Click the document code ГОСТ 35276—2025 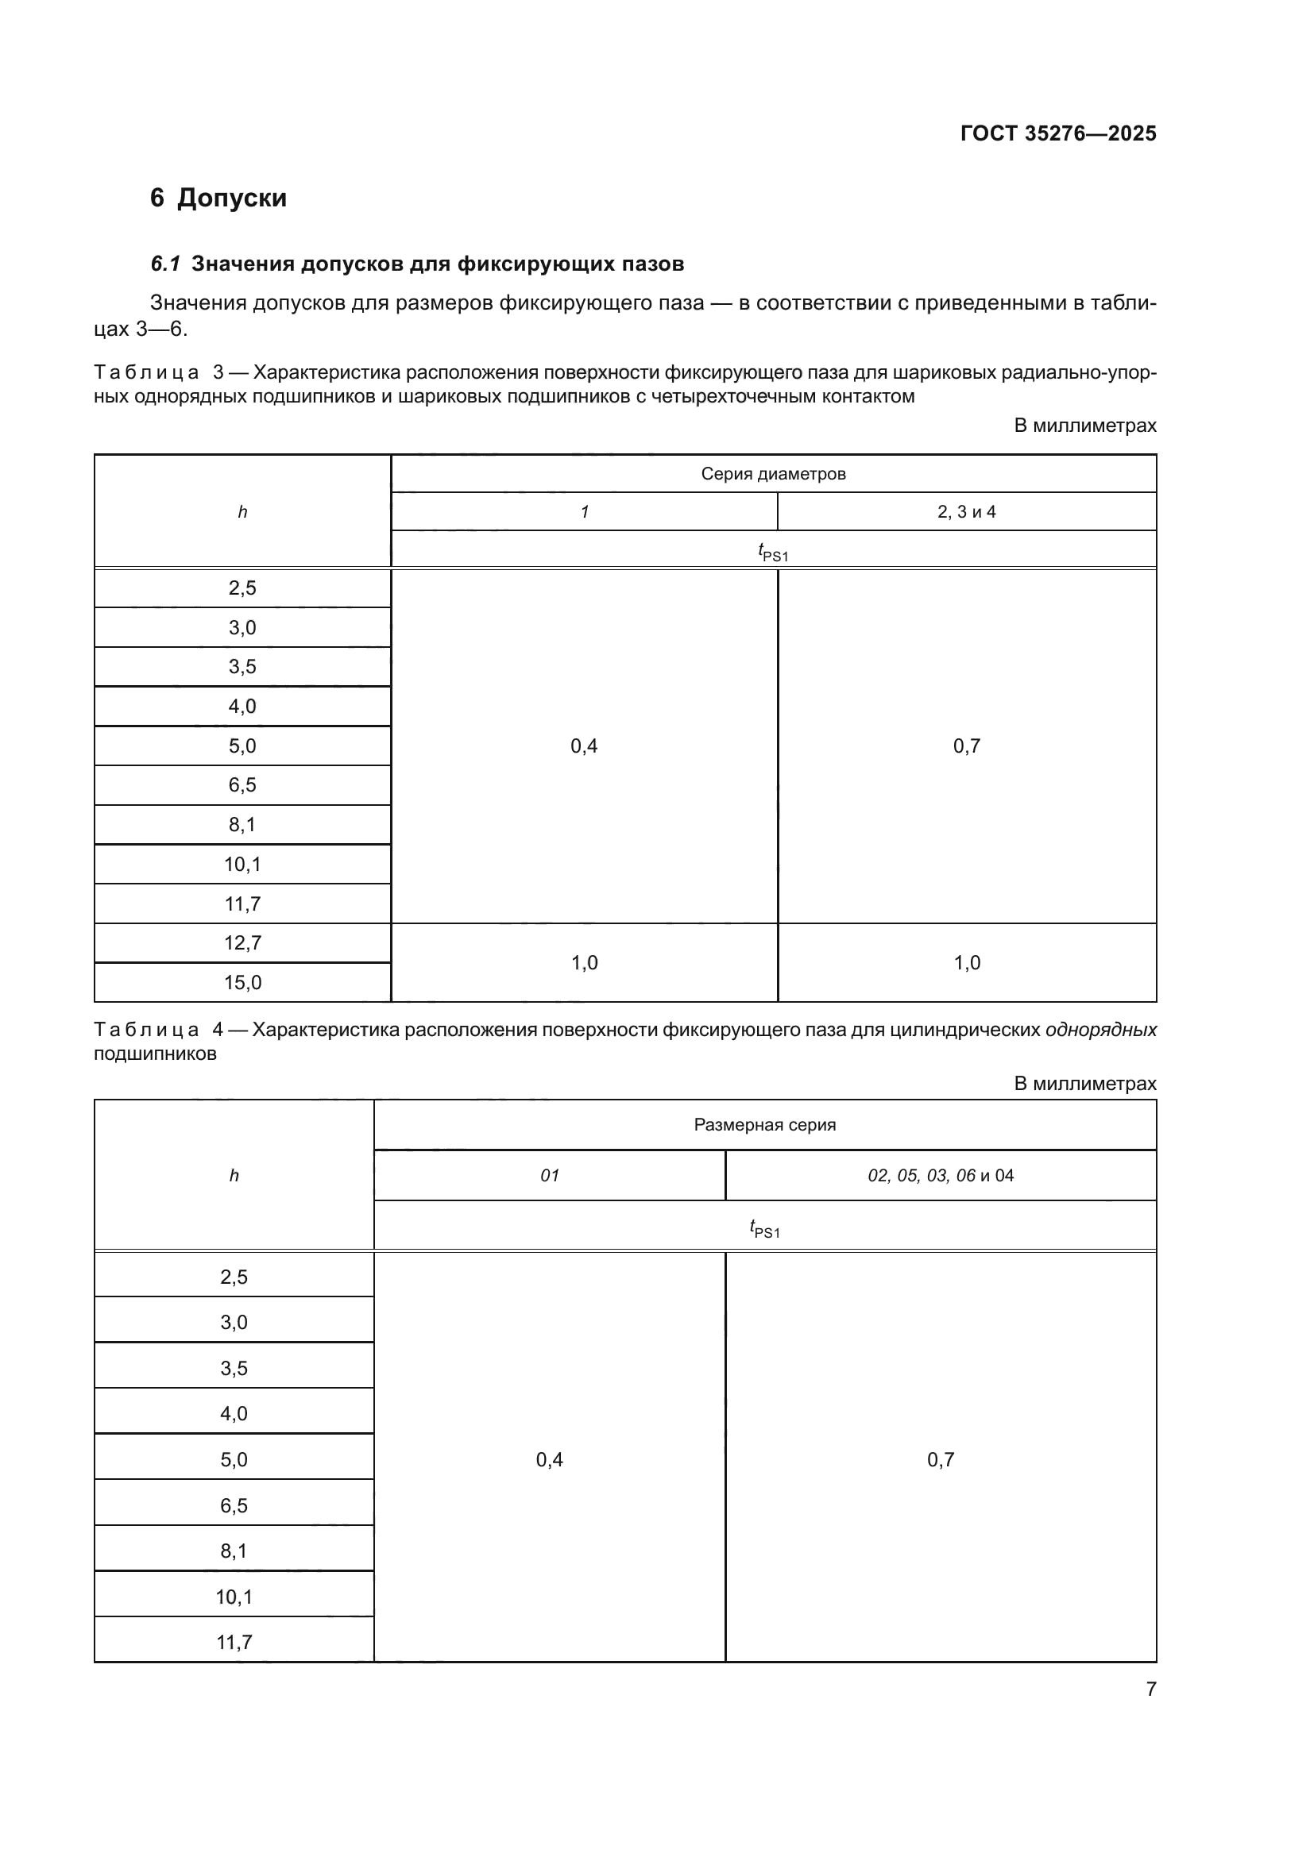tap(1058, 133)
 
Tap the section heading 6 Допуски tap(218, 198)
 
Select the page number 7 tap(1150, 1689)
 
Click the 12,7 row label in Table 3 tap(242, 943)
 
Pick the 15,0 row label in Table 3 tap(242, 983)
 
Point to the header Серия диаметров tap(773, 474)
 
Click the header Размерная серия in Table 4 tap(764, 1125)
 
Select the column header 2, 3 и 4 tap(966, 512)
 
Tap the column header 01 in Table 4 tap(550, 1176)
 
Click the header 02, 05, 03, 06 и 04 tap(940, 1176)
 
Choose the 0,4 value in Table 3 tap(584, 746)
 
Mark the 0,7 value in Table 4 tap(940, 1460)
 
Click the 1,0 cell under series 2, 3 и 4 tap(966, 963)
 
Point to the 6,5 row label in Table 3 tap(242, 785)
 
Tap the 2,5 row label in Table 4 tap(234, 1277)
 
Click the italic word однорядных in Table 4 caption tap(1100, 1031)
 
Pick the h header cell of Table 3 tap(242, 512)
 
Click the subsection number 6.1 tap(165, 264)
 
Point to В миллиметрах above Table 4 tap(1085, 1084)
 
